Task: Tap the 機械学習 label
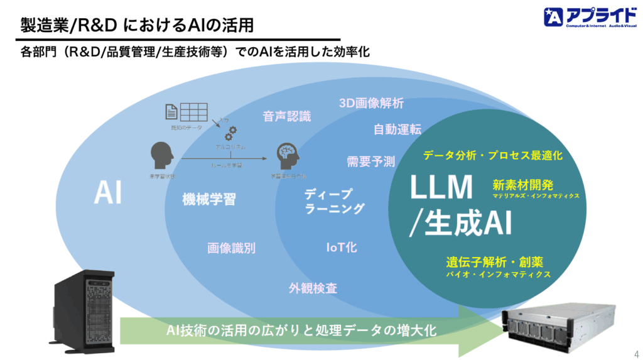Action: [209, 200]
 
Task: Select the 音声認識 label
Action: [286, 116]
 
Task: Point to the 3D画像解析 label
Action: [371, 103]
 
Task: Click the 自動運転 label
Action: [397, 129]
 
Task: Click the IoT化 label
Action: [342, 248]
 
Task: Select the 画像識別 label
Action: [232, 248]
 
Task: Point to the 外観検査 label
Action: [313, 288]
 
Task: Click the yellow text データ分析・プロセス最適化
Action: [492, 155]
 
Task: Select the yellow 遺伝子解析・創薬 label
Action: [495, 262]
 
